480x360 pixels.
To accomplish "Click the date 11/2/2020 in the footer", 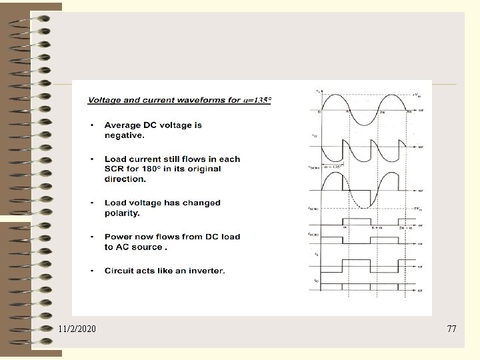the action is point(77,329).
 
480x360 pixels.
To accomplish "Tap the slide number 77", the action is point(452,329).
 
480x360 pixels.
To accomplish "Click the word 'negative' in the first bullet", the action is point(123,135).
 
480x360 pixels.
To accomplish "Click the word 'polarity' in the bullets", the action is point(121,213).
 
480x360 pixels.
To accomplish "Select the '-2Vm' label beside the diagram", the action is point(417,209).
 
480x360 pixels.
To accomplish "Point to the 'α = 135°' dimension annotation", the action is point(333,167).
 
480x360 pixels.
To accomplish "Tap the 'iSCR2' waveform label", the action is point(313,234).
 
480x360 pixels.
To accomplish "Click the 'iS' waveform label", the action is point(315,254).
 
